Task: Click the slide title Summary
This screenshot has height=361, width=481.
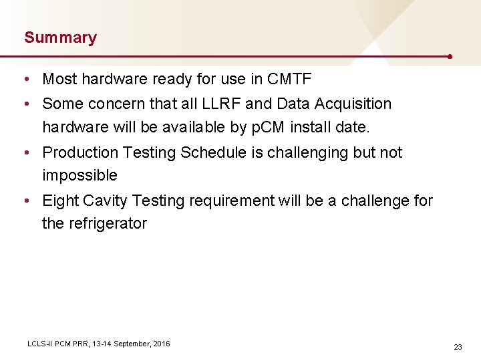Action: pos(60,37)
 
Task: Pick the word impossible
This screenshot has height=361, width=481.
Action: pos(79,176)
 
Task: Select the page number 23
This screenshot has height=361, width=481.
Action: pos(458,347)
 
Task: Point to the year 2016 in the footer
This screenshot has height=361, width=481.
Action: pos(161,344)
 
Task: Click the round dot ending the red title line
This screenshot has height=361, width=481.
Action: pos(451,57)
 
